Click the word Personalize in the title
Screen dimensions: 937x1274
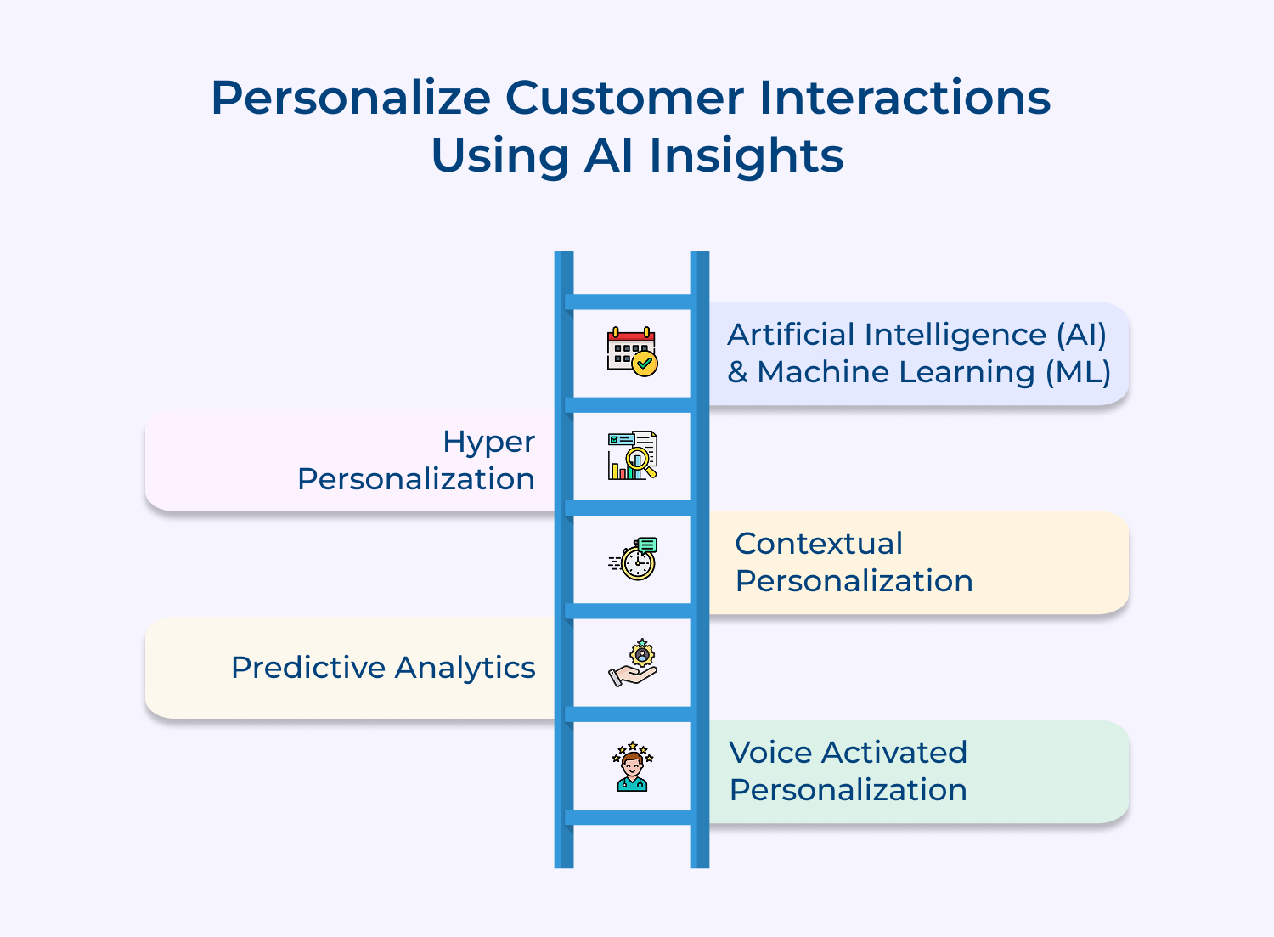tap(351, 99)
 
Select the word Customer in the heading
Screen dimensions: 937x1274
tap(624, 99)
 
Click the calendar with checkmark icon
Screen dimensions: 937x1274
tap(632, 352)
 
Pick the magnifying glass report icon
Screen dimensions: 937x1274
tap(632, 455)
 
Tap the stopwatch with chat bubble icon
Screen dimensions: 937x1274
tap(634, 559)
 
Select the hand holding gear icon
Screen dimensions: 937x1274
tap(633, 663)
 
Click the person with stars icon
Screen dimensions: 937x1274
tap(632, 766)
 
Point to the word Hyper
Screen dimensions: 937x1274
tap(488, 443)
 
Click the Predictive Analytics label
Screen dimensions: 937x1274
tap(383, 668)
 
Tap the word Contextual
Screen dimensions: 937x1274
tap(819, 544)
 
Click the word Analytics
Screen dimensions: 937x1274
tap(465, 668)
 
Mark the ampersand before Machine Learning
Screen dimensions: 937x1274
tap(737, 372)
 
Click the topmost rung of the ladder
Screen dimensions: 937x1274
tap(632, 302)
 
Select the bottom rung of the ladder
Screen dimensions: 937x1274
tap(632, 817)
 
